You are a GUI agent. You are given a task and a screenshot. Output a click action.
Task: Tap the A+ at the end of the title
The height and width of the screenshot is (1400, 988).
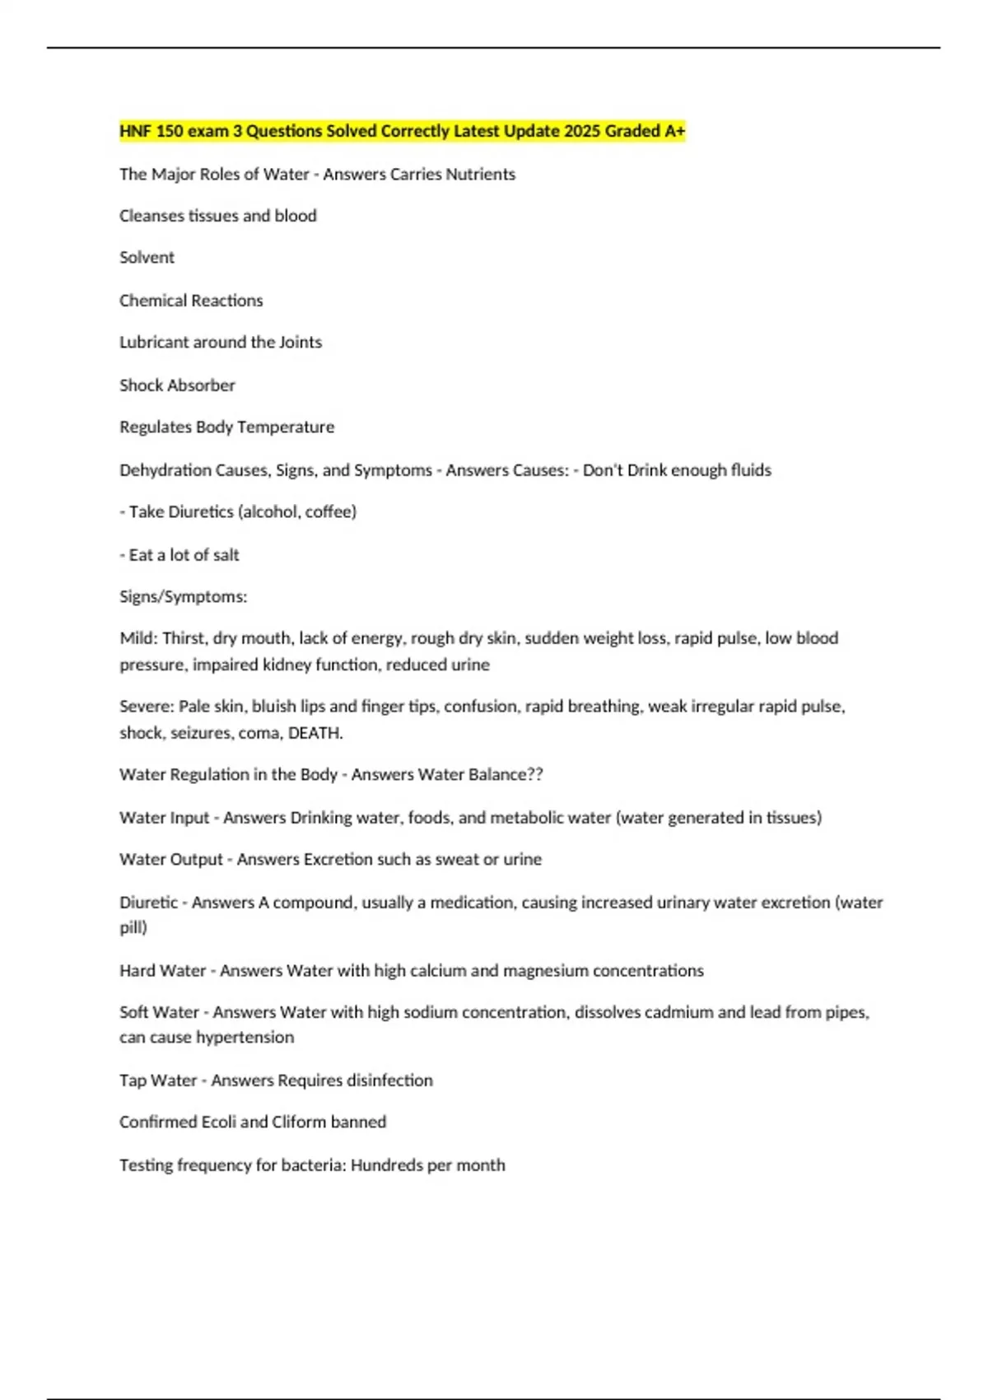[x=675, y=131]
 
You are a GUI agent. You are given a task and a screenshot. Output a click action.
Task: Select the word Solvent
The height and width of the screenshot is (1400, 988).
[x=147, y=258]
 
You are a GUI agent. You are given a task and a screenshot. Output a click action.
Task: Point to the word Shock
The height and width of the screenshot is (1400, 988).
[x=141, y=385]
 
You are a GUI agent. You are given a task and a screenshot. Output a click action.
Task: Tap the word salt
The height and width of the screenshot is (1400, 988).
[x=226, y=555]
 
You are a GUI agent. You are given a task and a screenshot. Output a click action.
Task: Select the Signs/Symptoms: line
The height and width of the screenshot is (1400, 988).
[x=183, y=597]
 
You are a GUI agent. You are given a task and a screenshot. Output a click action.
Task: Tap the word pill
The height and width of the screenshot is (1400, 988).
[x=132, y=928]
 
